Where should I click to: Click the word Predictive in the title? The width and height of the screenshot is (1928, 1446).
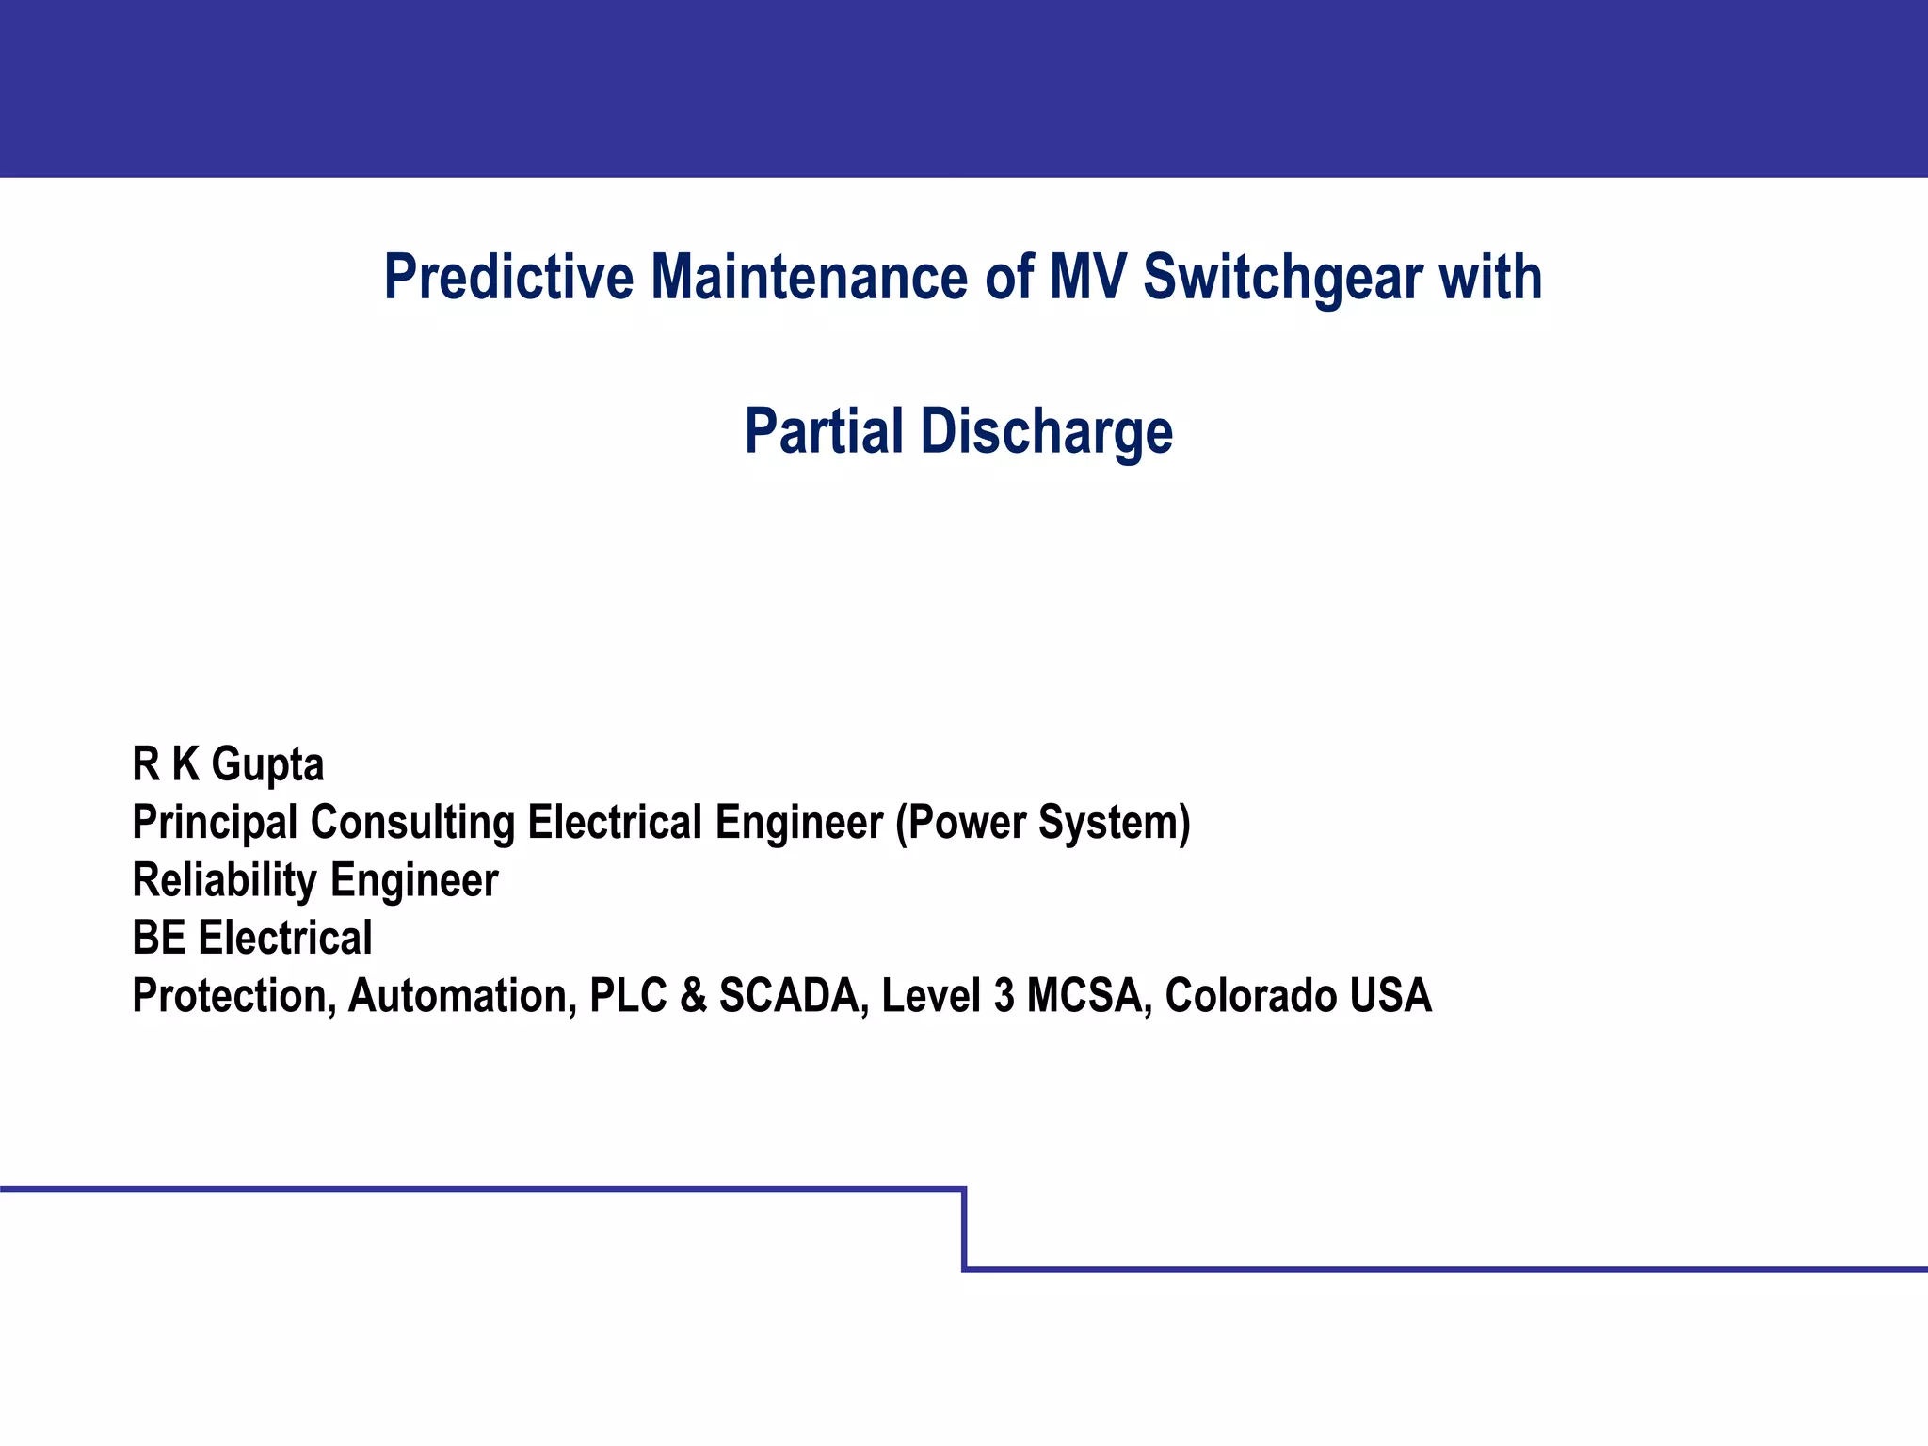(508, 278)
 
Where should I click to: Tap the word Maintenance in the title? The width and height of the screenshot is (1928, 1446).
(809, 278)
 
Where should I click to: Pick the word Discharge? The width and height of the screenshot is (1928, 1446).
(1046, 431)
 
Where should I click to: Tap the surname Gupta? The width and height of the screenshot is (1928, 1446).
(267, 764)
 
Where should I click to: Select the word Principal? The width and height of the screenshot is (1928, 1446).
(215, 823)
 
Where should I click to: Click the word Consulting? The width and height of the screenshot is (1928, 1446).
(412, 823)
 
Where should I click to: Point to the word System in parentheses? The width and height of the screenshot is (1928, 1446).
(1114, 823)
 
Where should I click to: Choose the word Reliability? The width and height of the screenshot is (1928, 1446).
(224, 881)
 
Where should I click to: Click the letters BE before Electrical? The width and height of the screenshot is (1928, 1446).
(158, 939)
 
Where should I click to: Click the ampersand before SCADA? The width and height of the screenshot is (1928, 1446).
(693, 996)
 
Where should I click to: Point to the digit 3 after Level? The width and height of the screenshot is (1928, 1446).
(1004, 996)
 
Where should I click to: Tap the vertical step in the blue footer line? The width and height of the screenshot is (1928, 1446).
(965, 1229)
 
